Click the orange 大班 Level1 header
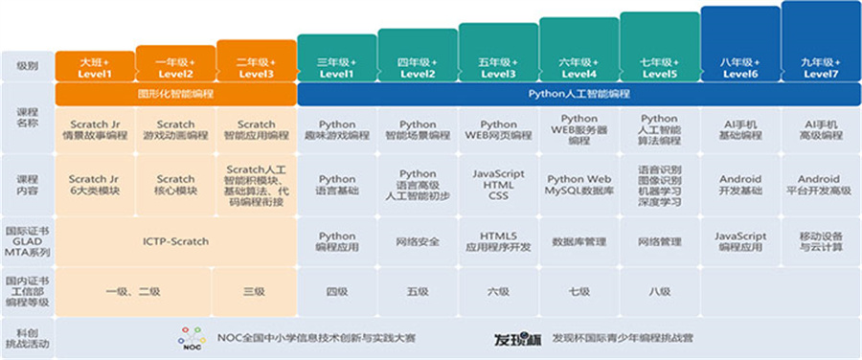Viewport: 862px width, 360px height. (x=95, y=66)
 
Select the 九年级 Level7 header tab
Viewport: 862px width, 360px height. (x=821, y=66)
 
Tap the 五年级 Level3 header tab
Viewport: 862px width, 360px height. (x=498, y=66)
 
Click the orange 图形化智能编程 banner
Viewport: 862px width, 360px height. (x=176, y=95)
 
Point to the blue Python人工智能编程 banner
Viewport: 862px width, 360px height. (x=579, y=95)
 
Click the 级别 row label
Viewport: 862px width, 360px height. (x=27, y=66)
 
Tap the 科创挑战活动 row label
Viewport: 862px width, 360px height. (x=27, y=338)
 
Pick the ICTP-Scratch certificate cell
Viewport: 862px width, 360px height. (x=176, y=241)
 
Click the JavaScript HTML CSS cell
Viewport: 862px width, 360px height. (x=498, y=185)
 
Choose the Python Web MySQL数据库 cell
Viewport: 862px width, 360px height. (x=578, y=185)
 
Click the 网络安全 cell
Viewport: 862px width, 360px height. (x=418, y=242)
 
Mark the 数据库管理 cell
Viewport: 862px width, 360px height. (x=578, y=242)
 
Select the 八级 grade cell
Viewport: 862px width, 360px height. (x=659, y=288)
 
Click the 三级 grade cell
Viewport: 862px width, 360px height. (x=257, y=288)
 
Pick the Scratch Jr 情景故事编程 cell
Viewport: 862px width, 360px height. (x=95, y=129)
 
